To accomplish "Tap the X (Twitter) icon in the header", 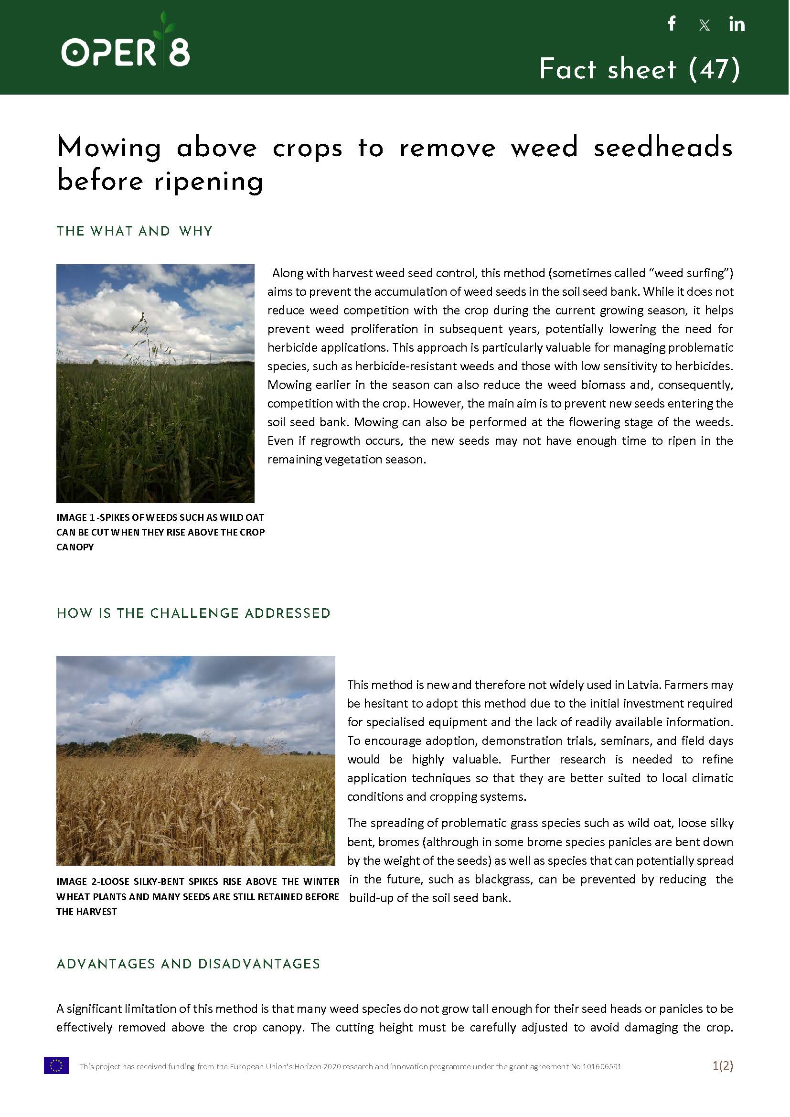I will pyautogui.click(x=704, y=25).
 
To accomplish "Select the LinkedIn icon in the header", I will pyautogui.click(x=737, y=24).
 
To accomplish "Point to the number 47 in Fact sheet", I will pyautogui.click(x=715, y=69).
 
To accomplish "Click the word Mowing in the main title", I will pyautogui.click(x=109, y=148).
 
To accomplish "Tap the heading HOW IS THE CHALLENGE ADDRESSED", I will pyautogui.click(x=193, y=613).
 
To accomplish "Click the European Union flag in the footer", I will pyautogui.click(x=56, y=1065).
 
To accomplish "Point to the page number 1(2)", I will pyautogui.click(x=722, y=1065).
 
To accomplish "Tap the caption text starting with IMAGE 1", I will pyautogui.click(x=160, y=532).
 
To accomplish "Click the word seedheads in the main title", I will pyautogui.click(x=663, y=148).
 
